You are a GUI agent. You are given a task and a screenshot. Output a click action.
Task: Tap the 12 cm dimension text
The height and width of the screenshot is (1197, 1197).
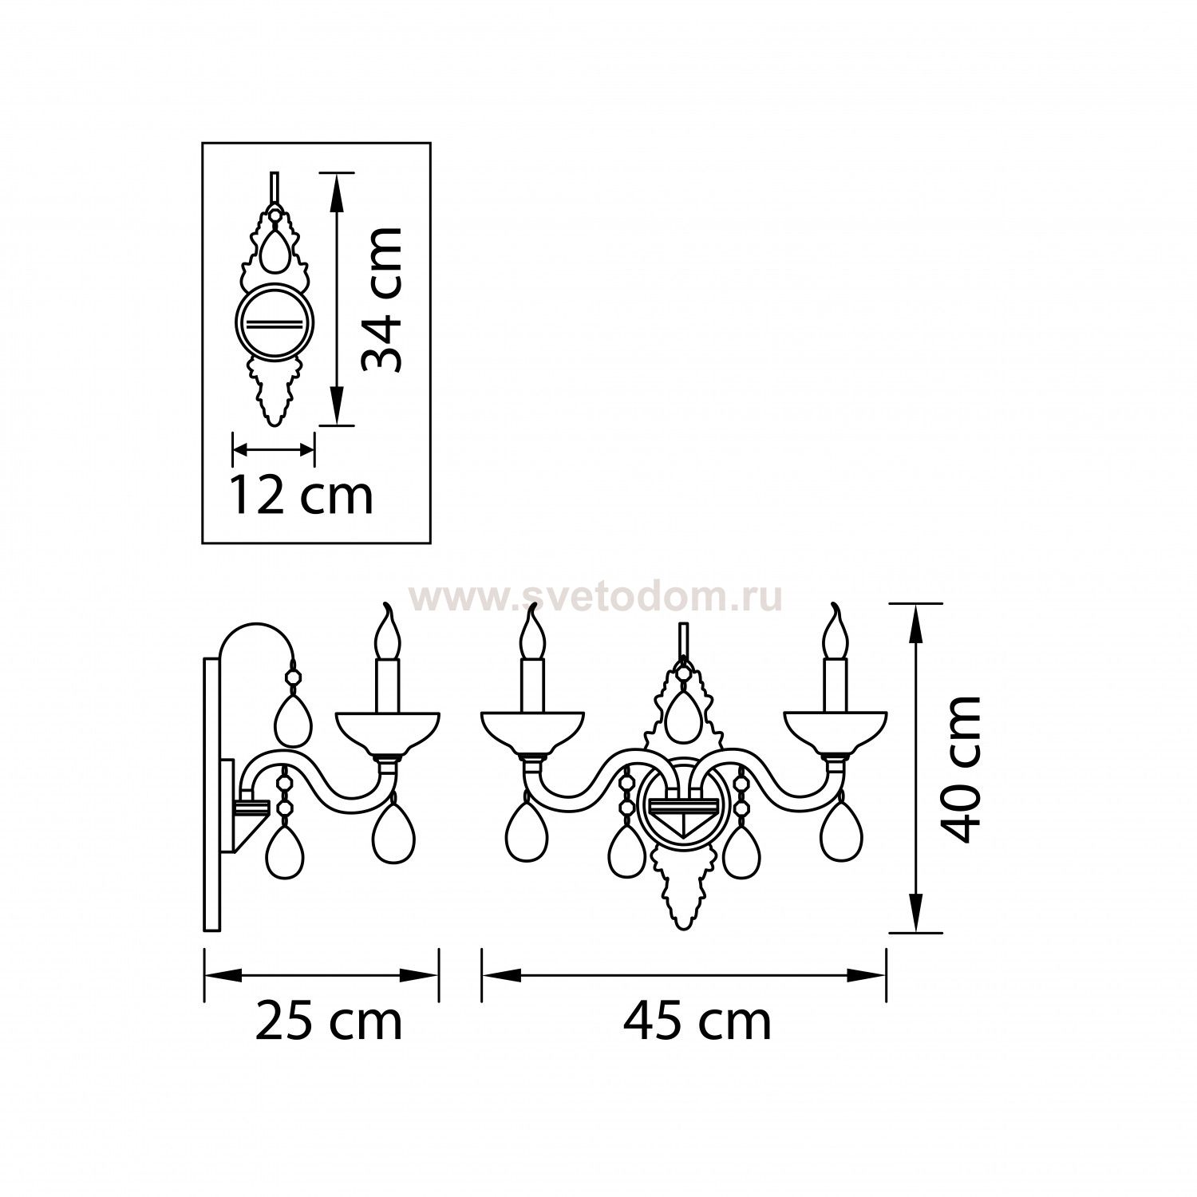point(302,495)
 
